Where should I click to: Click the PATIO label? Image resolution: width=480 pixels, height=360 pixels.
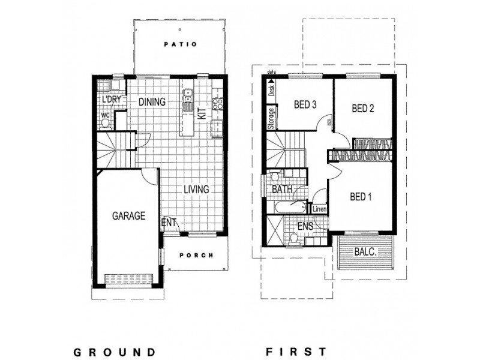(181, 44)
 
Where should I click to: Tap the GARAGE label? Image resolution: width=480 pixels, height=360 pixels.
(128, 216)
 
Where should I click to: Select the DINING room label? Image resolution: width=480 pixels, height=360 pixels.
(152, 102)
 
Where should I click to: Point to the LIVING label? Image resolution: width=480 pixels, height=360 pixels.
(196, 190)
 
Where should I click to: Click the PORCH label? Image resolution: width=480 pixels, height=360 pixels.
(196, 255)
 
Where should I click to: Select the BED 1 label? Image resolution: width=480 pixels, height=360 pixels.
(361, 196)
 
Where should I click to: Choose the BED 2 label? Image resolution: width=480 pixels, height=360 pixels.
(363, 109)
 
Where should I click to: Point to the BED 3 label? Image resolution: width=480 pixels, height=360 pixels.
(305, 104)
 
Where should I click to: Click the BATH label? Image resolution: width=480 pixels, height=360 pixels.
(281, 190)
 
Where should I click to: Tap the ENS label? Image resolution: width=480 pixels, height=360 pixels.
(305, 227)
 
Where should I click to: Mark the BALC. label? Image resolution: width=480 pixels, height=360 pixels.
(365, 254)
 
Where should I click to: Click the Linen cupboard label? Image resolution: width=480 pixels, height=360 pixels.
(319, 209)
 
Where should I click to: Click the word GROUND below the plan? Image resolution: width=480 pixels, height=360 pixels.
(115, 351)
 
